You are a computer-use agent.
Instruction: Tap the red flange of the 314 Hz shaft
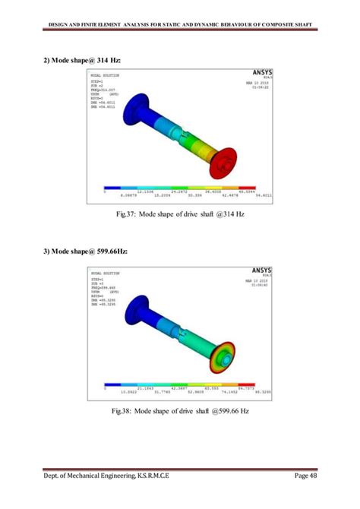point(225,163)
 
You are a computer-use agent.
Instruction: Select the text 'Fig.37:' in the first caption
point(127,215)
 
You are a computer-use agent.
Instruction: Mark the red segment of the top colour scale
point(248,188)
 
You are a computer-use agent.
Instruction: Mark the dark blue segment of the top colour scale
point(112,188)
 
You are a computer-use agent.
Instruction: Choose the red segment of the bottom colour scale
point(247,384)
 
